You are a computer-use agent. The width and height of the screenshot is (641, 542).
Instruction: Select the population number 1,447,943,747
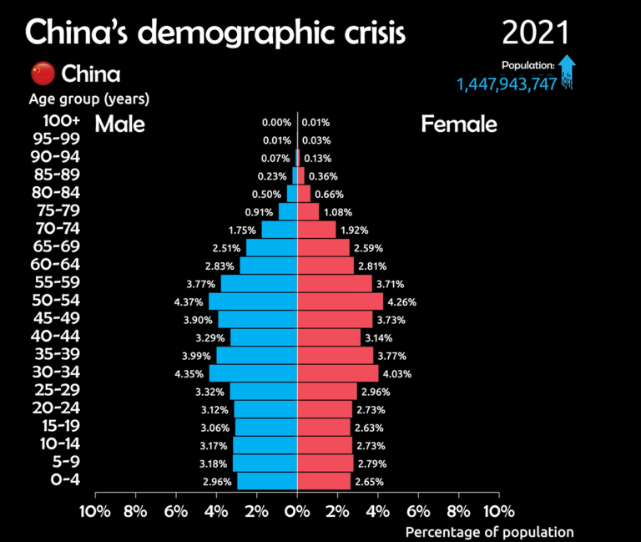506,84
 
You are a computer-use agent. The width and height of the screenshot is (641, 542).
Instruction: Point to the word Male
119,124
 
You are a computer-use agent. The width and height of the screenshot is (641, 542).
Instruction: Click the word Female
459,124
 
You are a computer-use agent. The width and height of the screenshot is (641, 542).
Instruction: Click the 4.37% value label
187,301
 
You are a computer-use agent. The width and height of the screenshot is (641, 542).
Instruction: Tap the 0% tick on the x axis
297,510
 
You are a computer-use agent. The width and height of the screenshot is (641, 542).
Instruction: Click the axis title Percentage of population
489,532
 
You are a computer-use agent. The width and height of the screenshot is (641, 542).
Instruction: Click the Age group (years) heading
89,99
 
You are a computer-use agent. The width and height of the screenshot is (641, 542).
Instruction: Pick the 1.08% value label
338,212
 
